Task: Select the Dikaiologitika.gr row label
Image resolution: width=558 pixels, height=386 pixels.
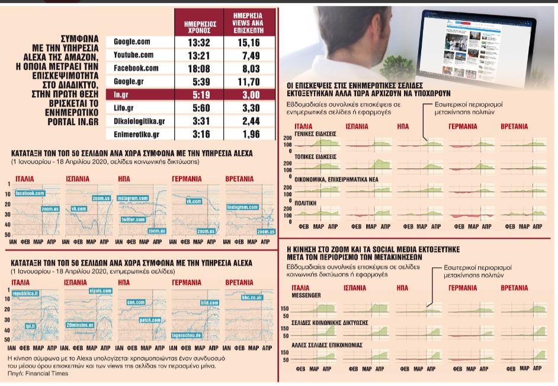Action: point(139,120)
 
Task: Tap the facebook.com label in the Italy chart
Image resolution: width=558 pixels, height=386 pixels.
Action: point(30,193)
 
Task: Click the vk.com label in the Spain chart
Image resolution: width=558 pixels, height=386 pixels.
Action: point(79,209)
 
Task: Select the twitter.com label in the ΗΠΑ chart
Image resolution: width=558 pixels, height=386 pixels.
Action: point(134,219)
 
